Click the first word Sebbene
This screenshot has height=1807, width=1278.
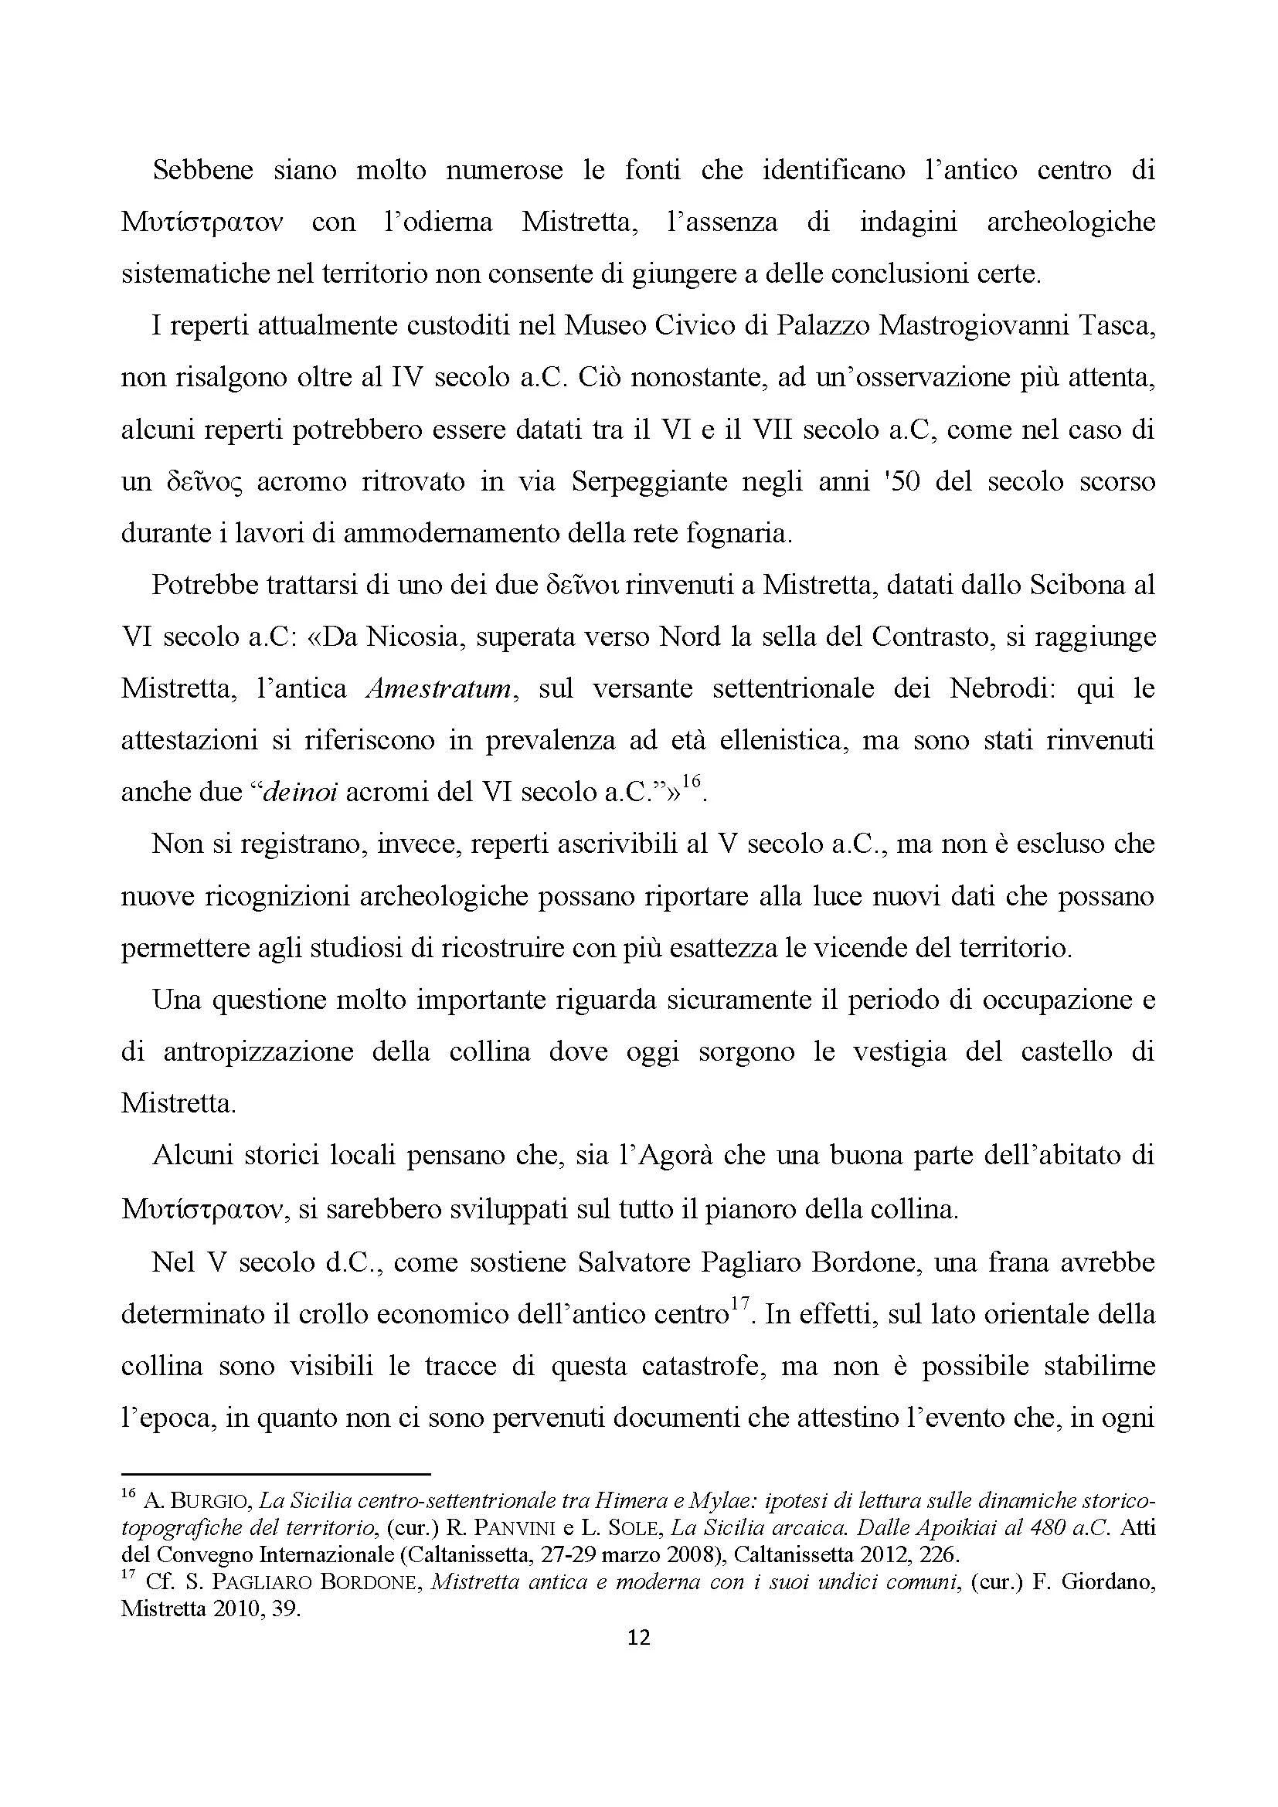pyautogui.click(x=203, y=171)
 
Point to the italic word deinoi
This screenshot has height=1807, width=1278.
pyautogui.click(x=299, y=793)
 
